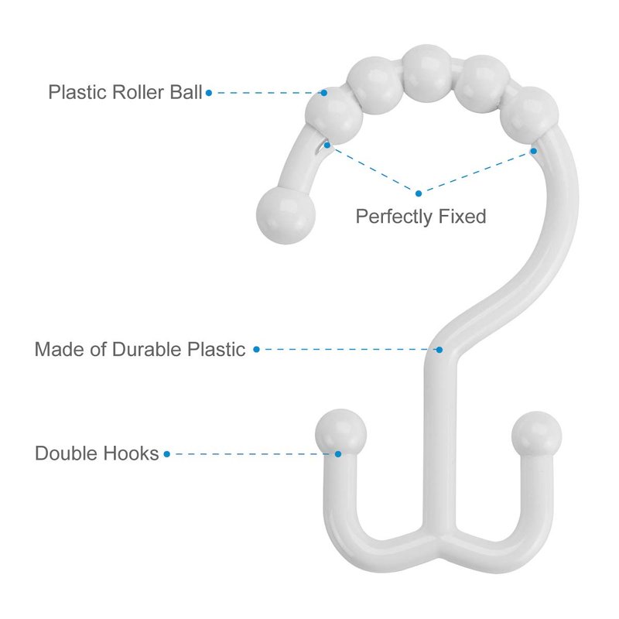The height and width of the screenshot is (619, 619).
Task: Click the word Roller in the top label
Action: click(x=138, y=92)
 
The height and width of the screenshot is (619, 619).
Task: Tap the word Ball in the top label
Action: click(x=186, y=92)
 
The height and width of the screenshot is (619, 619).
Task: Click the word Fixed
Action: click(x=462, y=217)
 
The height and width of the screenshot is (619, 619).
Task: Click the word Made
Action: click(x=60, y=350)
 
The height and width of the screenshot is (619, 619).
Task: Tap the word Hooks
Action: click(x=129, y=453)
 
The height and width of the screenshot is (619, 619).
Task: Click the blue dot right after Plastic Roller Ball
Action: click(x=209, y=93)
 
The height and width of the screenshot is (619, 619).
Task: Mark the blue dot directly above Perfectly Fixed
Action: click(x=419, y=193)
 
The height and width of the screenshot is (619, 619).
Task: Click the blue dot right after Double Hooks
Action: click(x=166, y=454)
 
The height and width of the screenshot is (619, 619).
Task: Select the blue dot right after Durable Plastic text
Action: click(x=256, y=350)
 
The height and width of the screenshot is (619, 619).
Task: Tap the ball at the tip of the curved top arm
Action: click(x=286, y=215)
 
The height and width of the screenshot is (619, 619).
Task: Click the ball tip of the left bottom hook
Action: click(x=340, y=434)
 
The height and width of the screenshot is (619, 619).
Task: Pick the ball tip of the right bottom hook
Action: click(x=536, y=436)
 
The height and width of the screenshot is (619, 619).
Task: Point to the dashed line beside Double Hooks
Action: click(x=252, y=454)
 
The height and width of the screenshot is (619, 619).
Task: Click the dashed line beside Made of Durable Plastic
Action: click(x=347, y=350)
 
